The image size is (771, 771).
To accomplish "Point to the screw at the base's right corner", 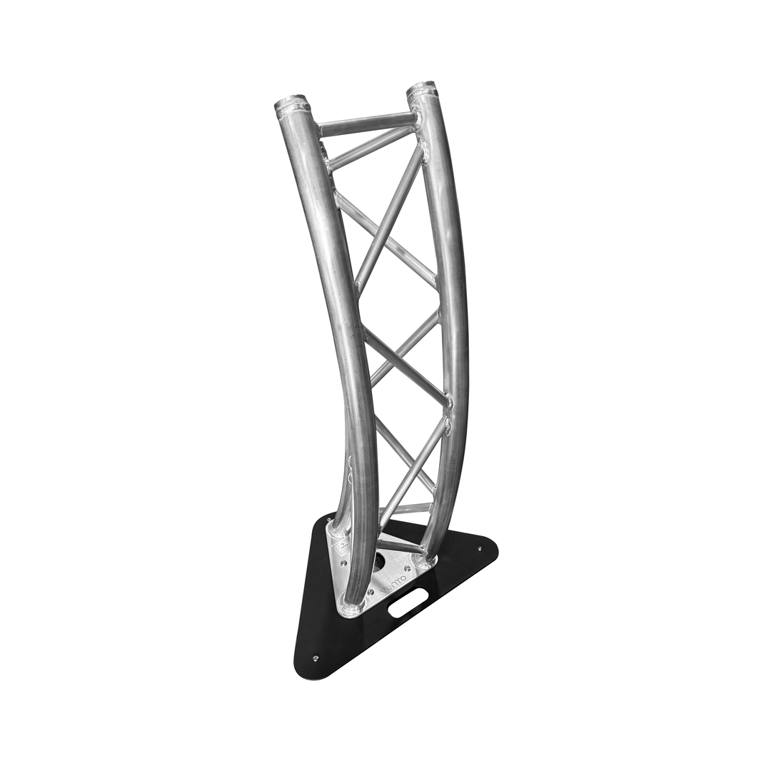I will pyautogui.click(x=480, y=549).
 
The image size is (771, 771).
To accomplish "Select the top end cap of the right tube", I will pyautogui.click(x=423, y=91).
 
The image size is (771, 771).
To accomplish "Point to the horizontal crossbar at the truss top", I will pyautogui.click(x=366, y=124).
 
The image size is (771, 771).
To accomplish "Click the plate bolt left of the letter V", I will pyautogui.click(x=369, y=590).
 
